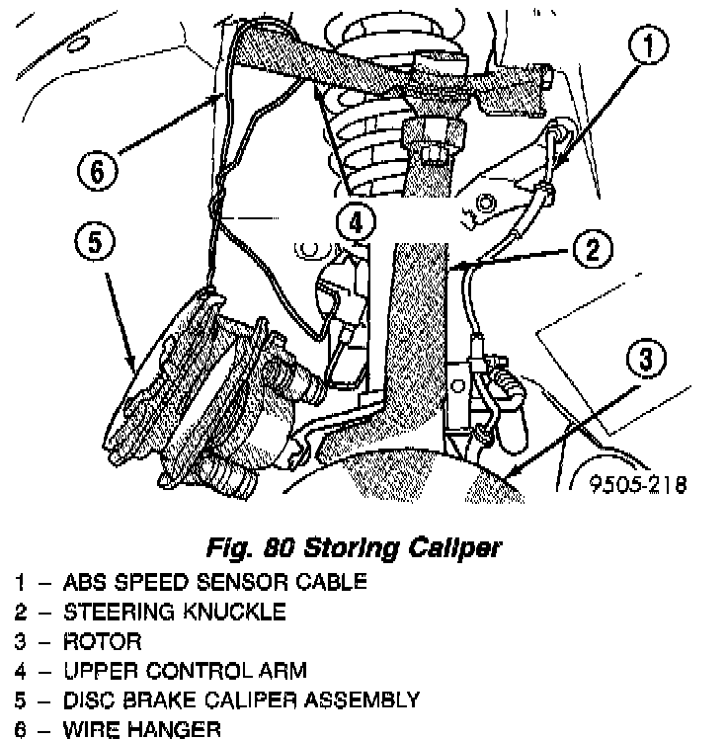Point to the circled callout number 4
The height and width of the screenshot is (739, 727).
[x=356, y=220]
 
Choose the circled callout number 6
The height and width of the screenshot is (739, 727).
[x=97, y=173]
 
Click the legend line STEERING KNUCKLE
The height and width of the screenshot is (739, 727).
[x=174, y=612]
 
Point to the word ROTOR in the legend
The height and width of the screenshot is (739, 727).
[x=102, y=642]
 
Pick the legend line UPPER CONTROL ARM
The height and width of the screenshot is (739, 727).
[x=185, y=672]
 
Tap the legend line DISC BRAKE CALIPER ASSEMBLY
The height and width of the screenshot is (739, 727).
[x=241, y=701]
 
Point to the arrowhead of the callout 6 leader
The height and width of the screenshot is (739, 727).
[x=218, y=96]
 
